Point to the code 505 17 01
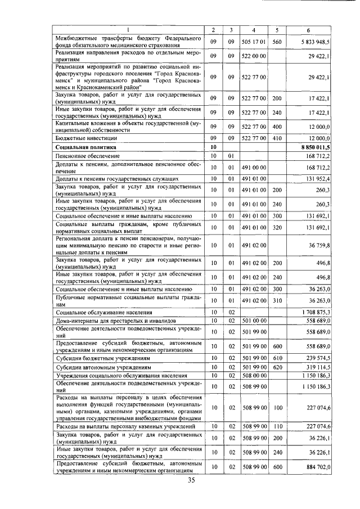point(254,42)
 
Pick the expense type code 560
point(277,42)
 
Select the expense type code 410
point(277,138)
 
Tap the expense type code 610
point(277,358)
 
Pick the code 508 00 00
point(254,375)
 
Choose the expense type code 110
point(277,427)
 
